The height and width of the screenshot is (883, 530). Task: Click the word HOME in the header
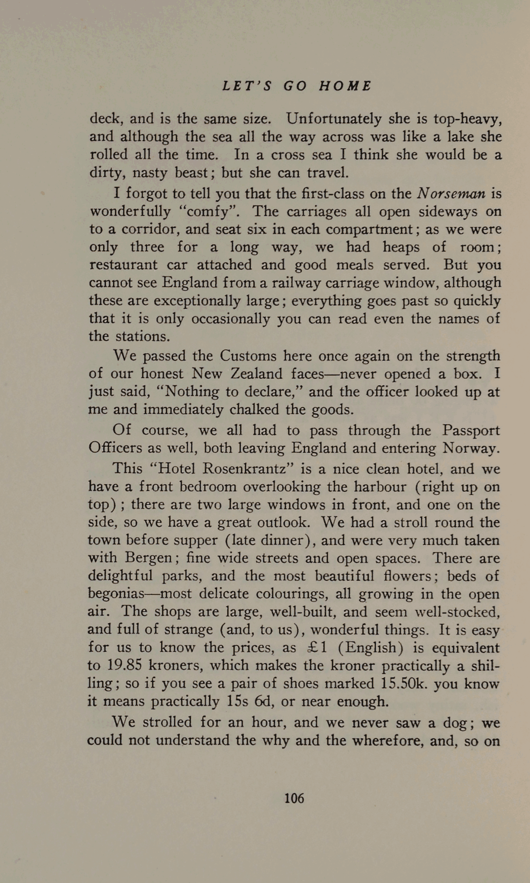pyautogui.click(x=345, y=86)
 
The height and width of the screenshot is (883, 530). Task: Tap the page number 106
pyautogui.click(x=294, y=798)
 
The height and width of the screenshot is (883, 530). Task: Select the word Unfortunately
pyautogui.click(x=334, y=118)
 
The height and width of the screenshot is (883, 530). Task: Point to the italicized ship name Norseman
pyautogui.click(x=451, y=194)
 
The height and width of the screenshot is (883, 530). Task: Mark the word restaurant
pyautogui.click(x=123, y=265)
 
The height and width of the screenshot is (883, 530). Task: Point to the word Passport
pyautogui.click(x=471, y=431)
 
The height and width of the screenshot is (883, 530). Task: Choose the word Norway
pyautogui.click(x=470, y=448)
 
